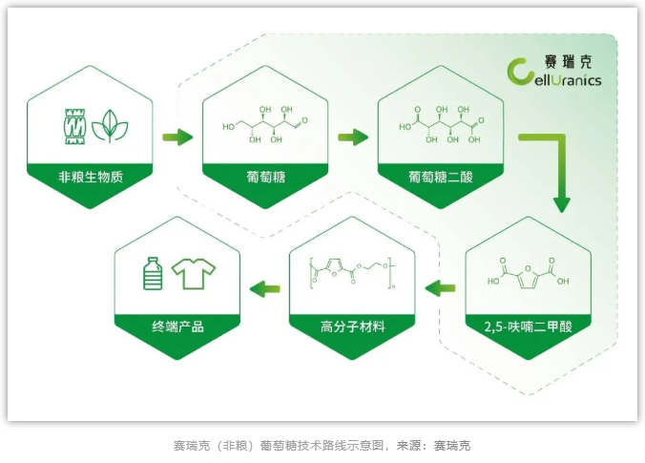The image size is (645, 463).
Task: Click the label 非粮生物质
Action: point(92,176)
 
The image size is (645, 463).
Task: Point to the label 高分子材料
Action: point(352,326)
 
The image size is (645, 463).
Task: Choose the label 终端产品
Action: point(177,326)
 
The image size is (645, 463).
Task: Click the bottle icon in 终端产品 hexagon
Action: point(152,274)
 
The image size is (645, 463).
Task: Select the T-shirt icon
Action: point(195,275)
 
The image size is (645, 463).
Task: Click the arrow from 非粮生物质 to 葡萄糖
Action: point(177,137)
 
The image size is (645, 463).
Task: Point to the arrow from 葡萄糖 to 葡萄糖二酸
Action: point(352,137)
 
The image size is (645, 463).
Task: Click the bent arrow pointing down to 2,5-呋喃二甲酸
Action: point(553,167)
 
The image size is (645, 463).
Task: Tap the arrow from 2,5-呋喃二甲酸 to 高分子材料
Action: point(440,287)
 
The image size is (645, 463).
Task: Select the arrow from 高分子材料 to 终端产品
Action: point(264,287)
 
